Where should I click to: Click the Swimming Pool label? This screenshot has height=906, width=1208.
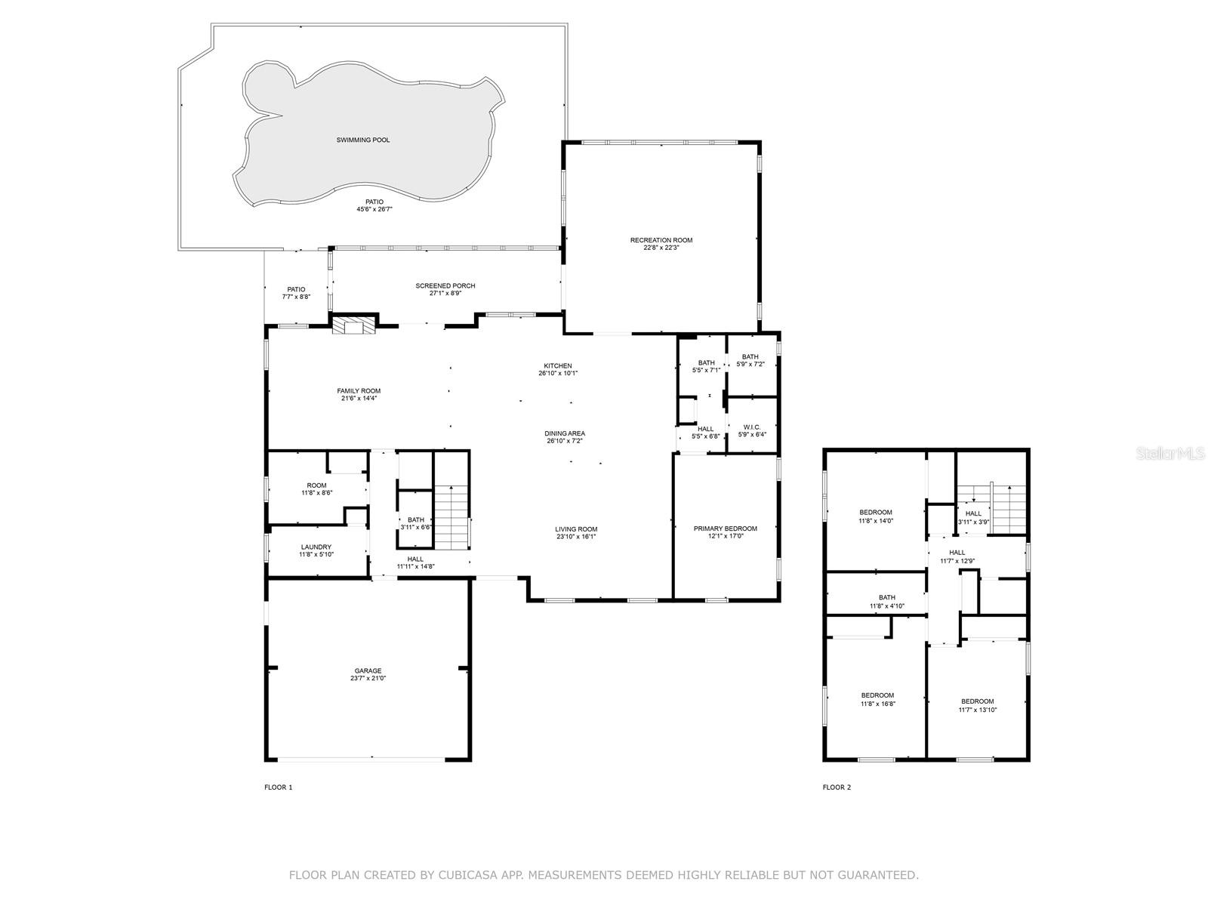click(x=363, y=140)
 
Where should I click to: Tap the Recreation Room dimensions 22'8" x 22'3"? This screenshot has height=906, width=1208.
click(x=661, y=248)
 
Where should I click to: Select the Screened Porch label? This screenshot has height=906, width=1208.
click(x=445, y=285)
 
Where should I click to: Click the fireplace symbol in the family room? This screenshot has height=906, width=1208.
click(x=354, y=325)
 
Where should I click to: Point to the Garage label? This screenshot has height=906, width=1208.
click(x=368, y=670)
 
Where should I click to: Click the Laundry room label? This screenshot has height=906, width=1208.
click(x=316, y=547)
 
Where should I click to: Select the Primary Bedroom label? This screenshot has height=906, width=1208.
click(x=725, y=528)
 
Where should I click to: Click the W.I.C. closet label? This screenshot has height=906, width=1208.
click(x=751, y=427)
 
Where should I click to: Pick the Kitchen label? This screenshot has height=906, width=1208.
click(x=558, y=365)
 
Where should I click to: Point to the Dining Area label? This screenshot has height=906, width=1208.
click(x=565, y=433)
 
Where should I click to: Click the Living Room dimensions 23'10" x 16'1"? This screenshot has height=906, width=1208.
click(x=576, y=538)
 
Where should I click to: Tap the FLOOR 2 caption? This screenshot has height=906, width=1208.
click(x=837, y=787)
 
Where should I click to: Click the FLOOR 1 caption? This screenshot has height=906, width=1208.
click(x=278, y=787)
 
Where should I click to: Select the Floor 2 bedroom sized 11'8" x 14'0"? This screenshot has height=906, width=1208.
click(x=875, y=516)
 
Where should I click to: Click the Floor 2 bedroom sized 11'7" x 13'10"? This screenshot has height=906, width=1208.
click(x=977, y=705)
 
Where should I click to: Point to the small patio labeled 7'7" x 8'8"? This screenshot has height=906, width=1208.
click(x=296, y=293)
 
